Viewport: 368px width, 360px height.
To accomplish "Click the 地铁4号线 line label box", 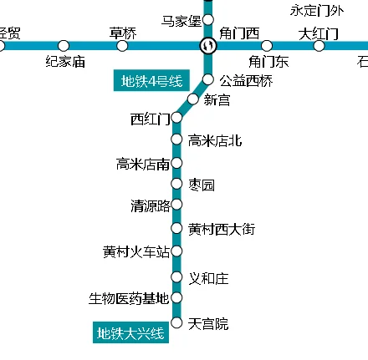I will coord(151,81).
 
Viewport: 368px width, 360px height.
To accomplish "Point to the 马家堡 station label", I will coord(181,20).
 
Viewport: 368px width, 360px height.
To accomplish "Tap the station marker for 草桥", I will coord(123,45).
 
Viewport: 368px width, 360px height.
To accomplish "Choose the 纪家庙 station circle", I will coord(64,45).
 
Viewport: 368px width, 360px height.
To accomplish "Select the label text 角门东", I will coord(268,61).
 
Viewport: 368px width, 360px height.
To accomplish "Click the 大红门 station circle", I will coord(319,45).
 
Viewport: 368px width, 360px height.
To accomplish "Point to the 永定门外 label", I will coord(315,11).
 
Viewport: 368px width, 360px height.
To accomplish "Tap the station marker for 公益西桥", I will coord(208,80).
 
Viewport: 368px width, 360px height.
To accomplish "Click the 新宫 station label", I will coord(217,100).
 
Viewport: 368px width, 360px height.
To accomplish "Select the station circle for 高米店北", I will coord(176,139).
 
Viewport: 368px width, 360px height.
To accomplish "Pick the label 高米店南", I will coord(143,164).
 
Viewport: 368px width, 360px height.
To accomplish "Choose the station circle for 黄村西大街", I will coord(176,228).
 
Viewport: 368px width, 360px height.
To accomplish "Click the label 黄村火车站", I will coord(135,251).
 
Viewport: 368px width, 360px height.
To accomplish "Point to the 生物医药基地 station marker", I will coord(176,297).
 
